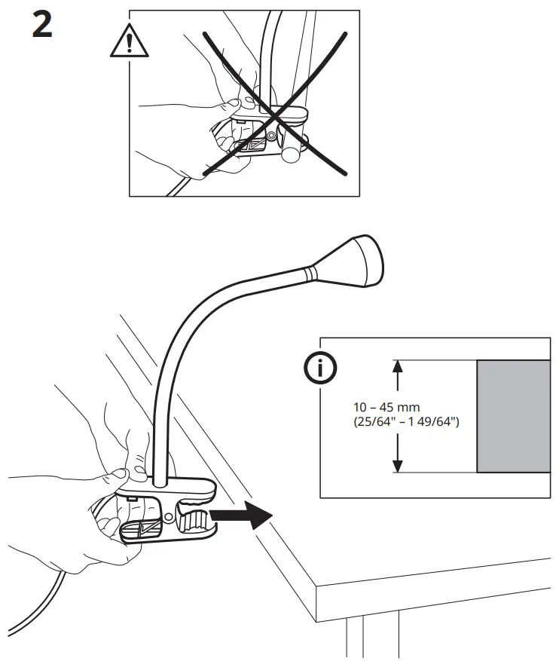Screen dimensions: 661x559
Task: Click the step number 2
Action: [x=43, y=27]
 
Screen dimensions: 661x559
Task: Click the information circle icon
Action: [x=320, y=369]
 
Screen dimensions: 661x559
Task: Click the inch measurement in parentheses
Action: [x=406, y=423]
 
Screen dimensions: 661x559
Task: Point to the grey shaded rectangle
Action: [x=512, y=416]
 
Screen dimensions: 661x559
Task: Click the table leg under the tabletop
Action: [x=355, y=641]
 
